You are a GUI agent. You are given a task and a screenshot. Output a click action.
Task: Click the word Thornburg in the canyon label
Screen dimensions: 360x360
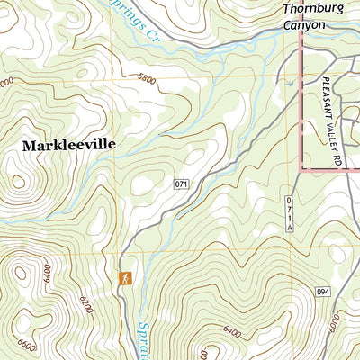[314, 10]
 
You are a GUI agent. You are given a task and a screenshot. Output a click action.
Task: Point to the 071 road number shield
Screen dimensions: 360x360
[182, 184]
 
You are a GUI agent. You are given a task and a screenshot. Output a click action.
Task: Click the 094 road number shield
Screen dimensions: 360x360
[324, 292]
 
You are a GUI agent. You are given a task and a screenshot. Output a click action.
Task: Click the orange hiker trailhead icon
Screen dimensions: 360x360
[126, 278]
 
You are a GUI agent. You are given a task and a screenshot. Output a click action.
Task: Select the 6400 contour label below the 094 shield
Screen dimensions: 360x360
[229, 332]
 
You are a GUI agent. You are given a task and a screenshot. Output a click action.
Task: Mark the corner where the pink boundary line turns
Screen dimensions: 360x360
[301, 168]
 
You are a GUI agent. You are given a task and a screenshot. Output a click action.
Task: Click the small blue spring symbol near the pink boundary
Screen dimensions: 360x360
[289, 83]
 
